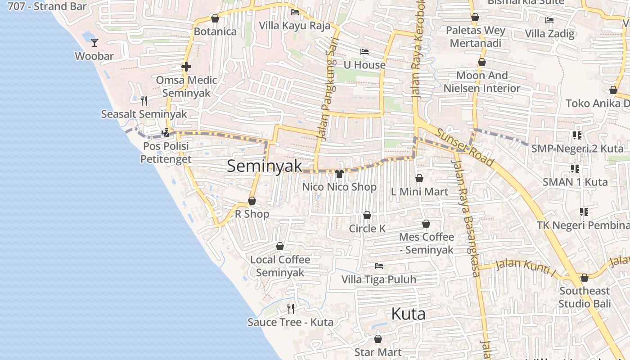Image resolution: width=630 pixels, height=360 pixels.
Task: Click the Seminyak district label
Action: [264, 166]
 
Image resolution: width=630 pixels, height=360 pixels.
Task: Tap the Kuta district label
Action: [408, 314]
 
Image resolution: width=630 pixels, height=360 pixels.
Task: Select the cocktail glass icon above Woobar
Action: [94, 43]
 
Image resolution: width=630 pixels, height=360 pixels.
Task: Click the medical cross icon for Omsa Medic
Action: [186, 67]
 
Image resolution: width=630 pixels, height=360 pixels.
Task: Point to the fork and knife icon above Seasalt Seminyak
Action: [144, 100]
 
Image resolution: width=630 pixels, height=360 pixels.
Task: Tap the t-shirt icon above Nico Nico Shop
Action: [339, 174]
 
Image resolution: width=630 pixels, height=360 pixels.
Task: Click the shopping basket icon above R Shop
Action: [252, 201]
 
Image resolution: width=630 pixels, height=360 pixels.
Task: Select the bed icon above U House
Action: [364, 52]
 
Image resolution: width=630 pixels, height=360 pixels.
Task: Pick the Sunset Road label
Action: [465, 146]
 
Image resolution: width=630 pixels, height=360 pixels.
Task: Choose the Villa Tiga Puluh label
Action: [379, 279]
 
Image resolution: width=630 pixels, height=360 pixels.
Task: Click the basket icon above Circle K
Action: [367, 215]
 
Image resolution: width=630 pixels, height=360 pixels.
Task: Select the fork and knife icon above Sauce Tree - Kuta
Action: [291, 309]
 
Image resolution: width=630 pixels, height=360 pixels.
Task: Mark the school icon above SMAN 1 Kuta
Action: [575, 169]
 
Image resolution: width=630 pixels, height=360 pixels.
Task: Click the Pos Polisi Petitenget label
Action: [166, 153]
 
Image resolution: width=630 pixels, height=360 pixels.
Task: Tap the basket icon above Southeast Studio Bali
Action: [585, 278]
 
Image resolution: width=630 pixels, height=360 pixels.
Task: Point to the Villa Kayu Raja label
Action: [295, 26]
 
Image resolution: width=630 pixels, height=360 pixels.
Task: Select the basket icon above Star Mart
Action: [378, 339]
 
